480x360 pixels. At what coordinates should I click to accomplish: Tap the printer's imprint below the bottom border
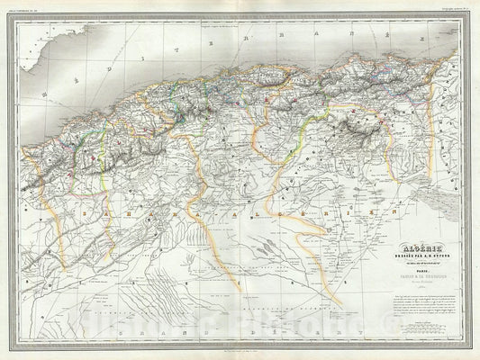(x=240, y=348)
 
